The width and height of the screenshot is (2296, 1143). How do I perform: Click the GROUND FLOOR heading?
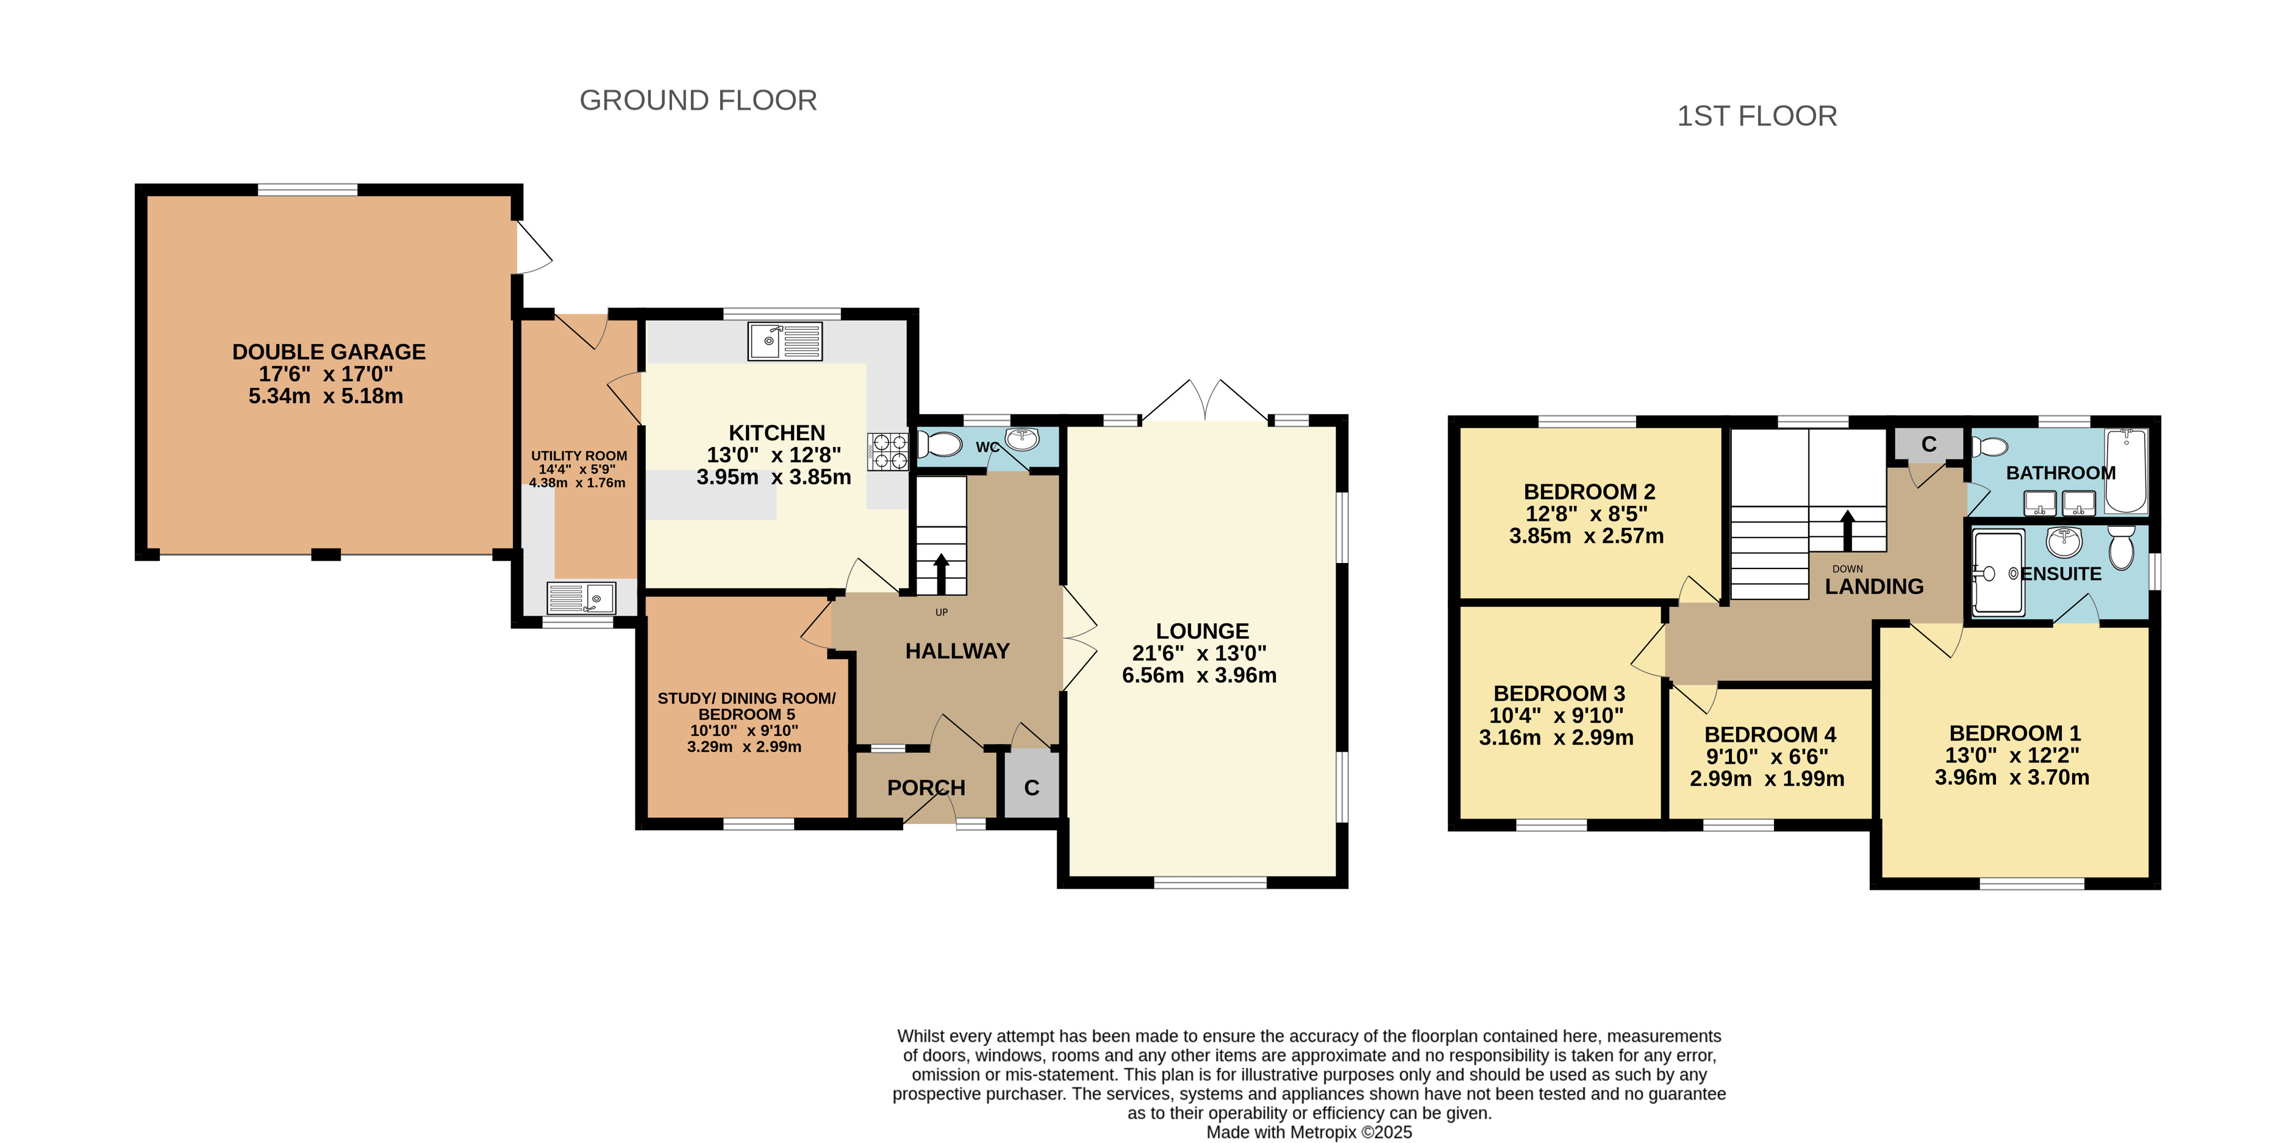point(698,100)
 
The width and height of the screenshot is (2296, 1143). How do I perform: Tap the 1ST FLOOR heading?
point(1757,116)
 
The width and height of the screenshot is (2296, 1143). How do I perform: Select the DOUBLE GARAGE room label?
point(329,352)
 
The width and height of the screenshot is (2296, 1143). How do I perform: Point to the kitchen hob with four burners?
point(888,451)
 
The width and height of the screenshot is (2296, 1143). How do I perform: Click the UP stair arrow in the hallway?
point(941,573)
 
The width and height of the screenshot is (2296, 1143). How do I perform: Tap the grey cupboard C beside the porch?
point(1031,786)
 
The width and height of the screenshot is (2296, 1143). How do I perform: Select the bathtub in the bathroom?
point(2126,471)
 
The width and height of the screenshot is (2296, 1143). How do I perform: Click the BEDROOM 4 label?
point(1770,735)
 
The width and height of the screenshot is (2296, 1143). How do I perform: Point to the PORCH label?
point(926,788)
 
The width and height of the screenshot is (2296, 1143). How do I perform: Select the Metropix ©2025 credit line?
point(1309,1132)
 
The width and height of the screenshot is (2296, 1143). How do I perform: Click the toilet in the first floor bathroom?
point(1989,446)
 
